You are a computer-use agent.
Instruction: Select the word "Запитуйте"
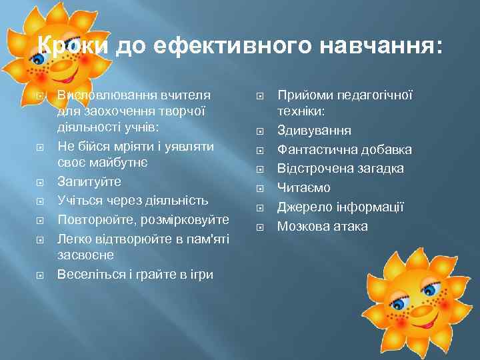(x=89, y=181)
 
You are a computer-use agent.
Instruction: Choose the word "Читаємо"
(x=304, y=188)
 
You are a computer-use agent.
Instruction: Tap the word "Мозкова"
(x=304, y=227)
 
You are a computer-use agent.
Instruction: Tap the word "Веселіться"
(x=91, y=274)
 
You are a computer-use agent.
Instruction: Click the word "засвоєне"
(x=85, y=255)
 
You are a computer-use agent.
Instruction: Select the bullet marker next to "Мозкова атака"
(x=261, y=227)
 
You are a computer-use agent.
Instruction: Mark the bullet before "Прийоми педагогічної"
(x=261, y=97)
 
